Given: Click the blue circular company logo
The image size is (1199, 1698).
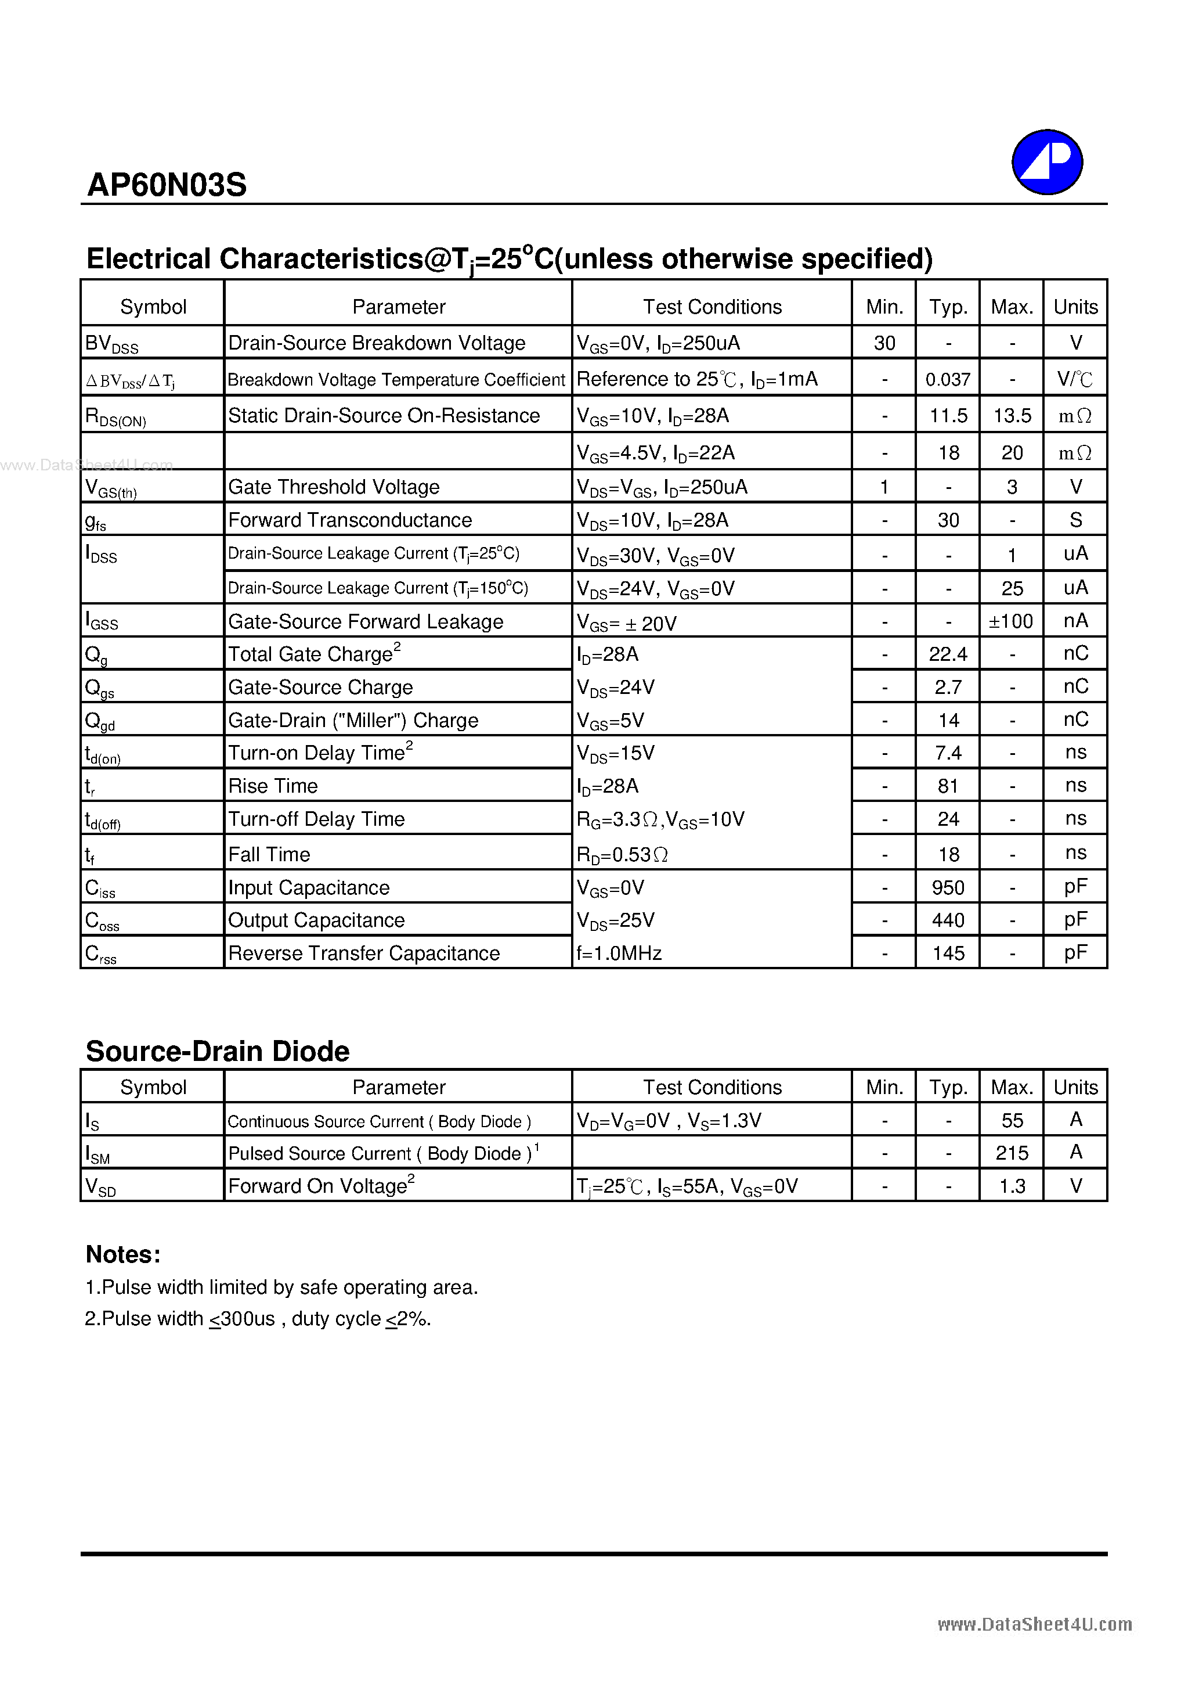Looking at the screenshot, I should (x=1047, y=162).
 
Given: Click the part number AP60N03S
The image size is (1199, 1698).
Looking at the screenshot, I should (x=167, y=185).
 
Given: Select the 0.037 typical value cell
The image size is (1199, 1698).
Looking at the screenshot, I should (x=948, y=379).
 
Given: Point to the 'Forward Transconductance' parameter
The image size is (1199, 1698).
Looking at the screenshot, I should (x=349, y=520).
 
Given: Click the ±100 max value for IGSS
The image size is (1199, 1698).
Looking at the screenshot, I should (x=1010, y=621).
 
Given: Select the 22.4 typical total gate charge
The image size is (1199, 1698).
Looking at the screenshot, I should (x=948, y=654).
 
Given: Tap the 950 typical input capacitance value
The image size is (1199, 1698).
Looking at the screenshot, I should (x=948, y=887).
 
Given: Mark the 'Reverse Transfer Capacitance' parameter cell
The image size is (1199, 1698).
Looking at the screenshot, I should (x=364, y=954).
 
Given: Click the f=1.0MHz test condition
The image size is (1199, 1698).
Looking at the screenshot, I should (x=619, y=954).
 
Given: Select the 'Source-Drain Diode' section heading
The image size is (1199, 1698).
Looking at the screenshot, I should (x=217, y=1051).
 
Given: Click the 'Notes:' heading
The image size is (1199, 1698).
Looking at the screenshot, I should (x=122, y=1254).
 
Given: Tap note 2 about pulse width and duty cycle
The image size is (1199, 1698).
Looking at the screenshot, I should (x=257, y=1319).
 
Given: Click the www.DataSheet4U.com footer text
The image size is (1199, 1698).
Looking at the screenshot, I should (x=1034, y=1624).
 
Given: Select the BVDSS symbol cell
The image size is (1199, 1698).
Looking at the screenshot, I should (x=111, y=343).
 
